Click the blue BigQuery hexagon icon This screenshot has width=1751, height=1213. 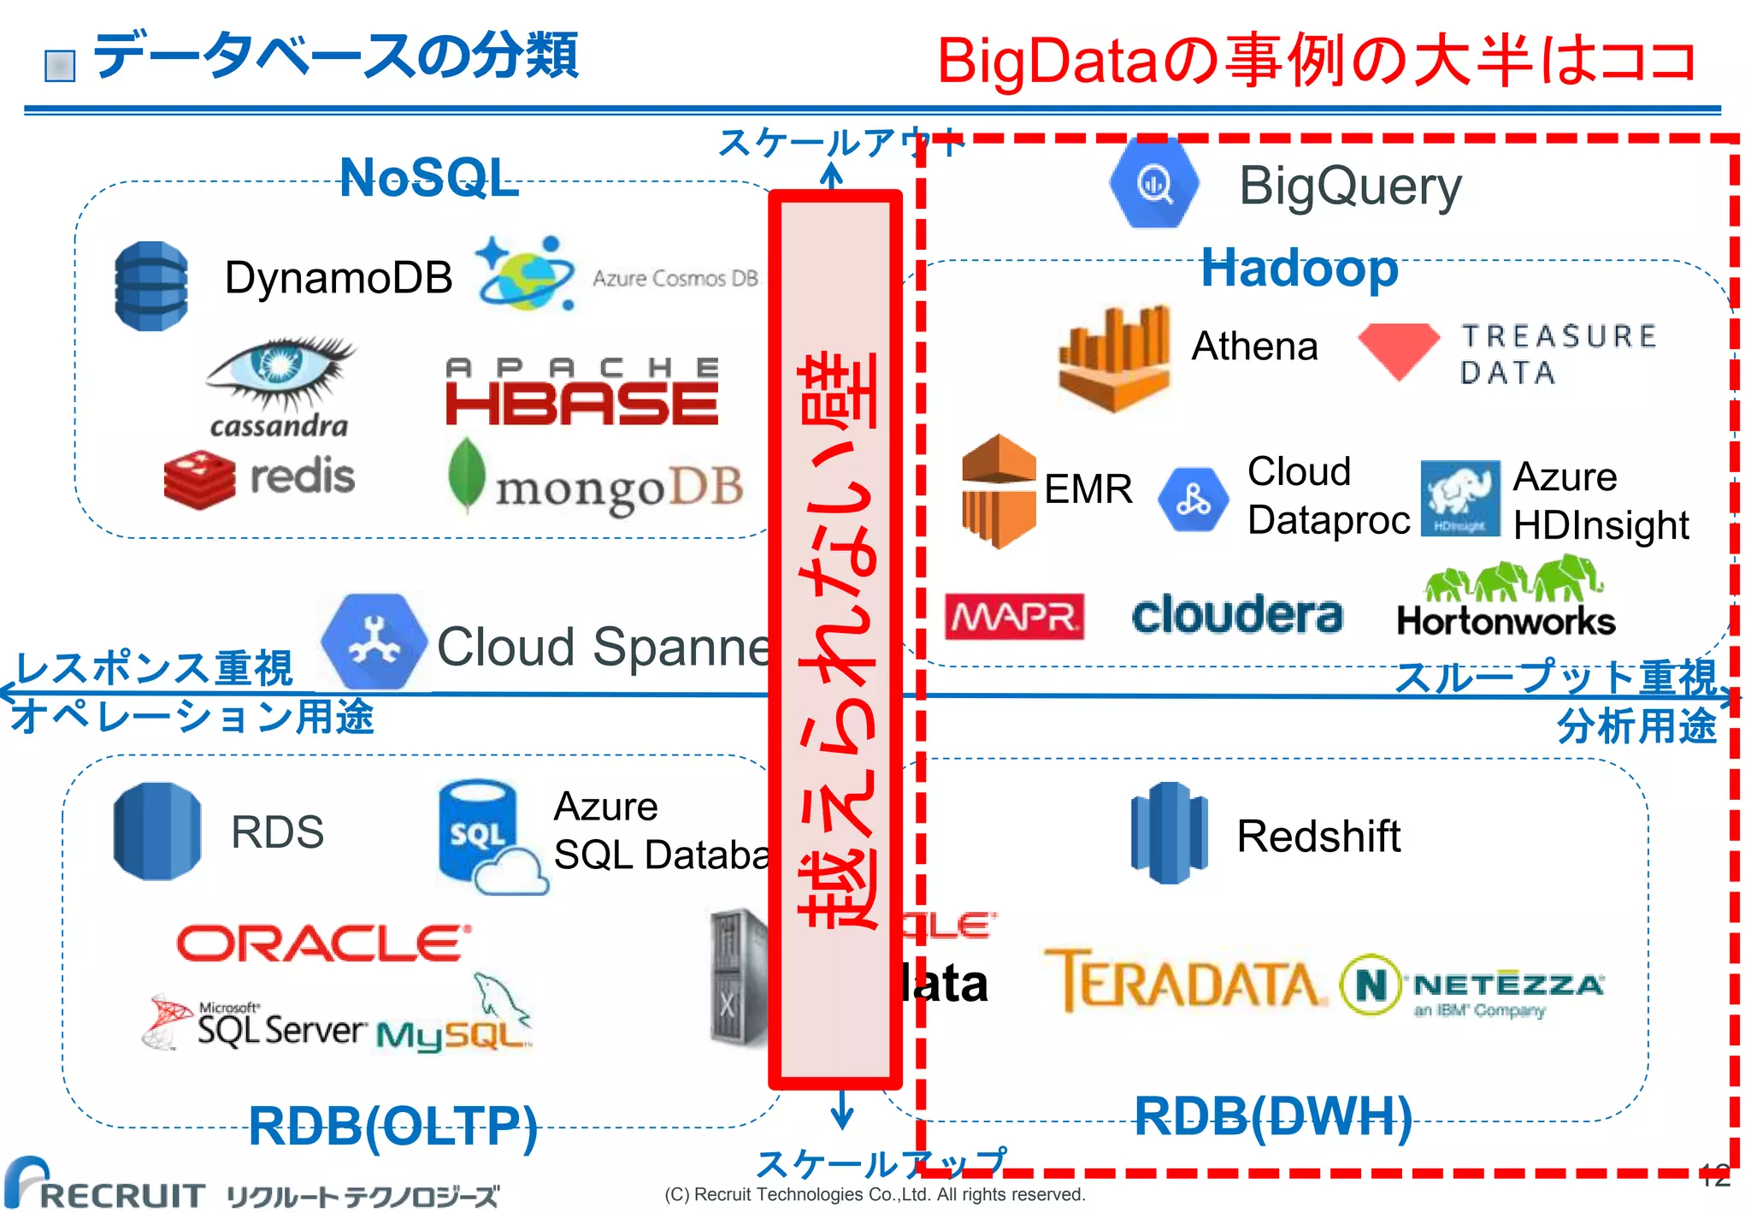click(x=1154, y=183)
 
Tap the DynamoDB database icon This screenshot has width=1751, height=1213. click(x=151, y=286)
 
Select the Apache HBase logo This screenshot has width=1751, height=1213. click(x=582, y=393)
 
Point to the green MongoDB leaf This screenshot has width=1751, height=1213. click(x=467, y=476)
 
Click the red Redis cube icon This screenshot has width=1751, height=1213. click(x=199, y=479)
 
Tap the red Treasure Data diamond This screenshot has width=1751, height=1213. click(x=1399, y=350)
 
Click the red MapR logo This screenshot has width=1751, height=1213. click(x=1014, y=617)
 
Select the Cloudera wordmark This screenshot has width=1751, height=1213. click(x=1237, y=615)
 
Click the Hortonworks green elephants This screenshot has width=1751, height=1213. click(x=1513, y=580)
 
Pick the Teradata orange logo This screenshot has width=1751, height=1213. click(x=1185, y=981)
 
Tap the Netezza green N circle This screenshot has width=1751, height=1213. click(x=1371, y=985)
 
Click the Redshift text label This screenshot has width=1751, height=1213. click(x=1318, y=836)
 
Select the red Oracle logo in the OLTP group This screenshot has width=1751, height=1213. click(x=323, y=944)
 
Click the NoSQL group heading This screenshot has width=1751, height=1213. click(x=429, y=178)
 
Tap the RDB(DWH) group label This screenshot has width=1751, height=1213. click(x=1272, y=1116)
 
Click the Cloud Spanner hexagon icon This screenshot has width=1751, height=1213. click(x=374, y=642)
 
